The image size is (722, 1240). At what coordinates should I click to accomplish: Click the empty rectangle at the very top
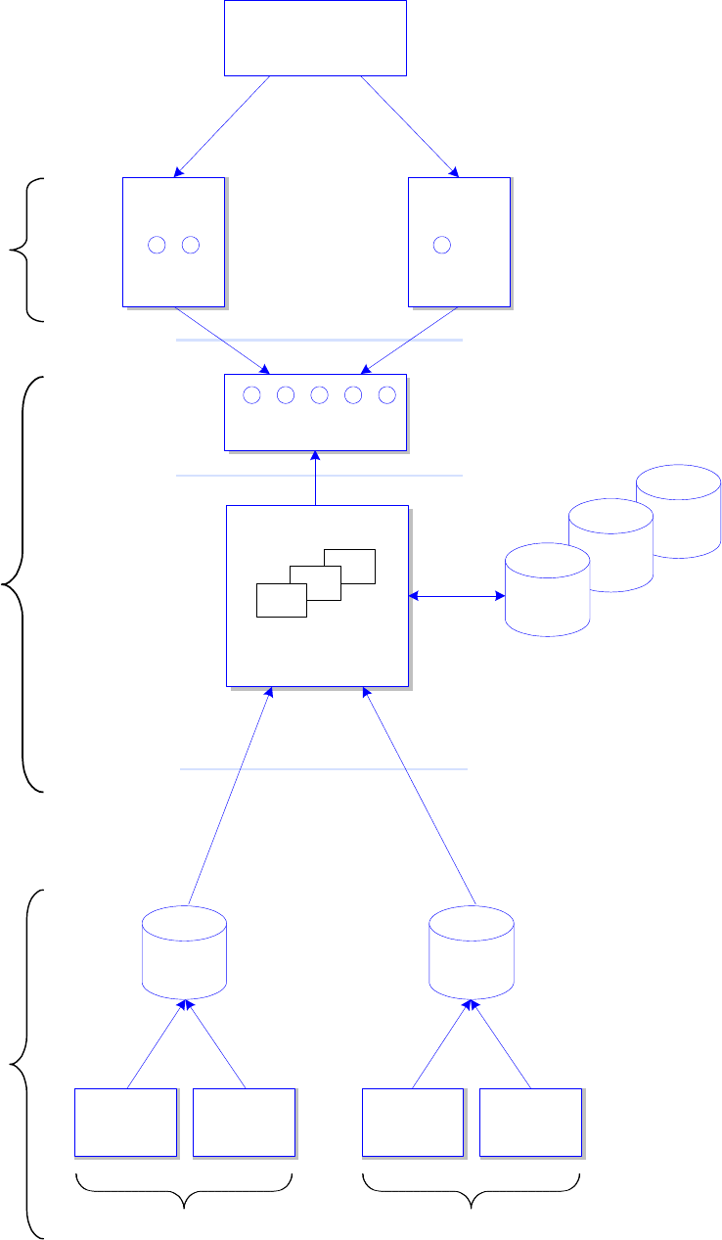[x=315, y=38]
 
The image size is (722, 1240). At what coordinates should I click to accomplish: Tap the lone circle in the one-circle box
[x=442, y=245]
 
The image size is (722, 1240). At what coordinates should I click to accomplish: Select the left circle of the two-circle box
[x=157, y=245]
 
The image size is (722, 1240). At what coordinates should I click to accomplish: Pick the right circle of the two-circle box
[x=191, y=245]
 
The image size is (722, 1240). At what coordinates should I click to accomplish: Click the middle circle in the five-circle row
[x=319, y=395]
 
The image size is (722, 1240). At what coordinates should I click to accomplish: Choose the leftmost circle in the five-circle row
[x=251, y=395]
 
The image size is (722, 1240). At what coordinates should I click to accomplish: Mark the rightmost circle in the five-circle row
[x=386, y=395]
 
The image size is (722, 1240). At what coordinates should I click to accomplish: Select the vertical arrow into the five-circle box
[x=315, y=479]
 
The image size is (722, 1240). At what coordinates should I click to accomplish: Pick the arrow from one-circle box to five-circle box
[x=411, y=341]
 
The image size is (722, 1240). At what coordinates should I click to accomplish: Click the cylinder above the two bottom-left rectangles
[x=184, y=951]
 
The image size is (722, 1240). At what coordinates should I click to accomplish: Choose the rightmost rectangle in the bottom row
[x=530, y=1122]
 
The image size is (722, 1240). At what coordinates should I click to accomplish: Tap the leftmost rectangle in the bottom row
[x=126, y=1122]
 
